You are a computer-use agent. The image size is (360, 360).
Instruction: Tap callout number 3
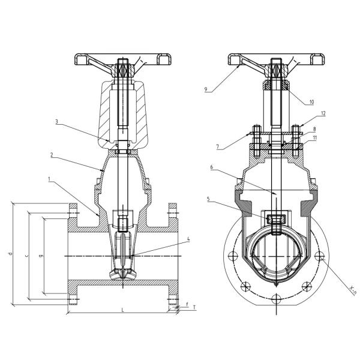[x=56, y=122]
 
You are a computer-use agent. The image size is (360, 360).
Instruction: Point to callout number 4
[x=188, y=239]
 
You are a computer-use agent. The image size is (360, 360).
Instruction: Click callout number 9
[x=206, y=89]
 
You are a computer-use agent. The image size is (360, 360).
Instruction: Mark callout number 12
[x=323, y=113]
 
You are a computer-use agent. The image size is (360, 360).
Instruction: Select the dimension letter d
[x=10, y=254]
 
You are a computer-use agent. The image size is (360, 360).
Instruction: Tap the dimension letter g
[x=40, y=256]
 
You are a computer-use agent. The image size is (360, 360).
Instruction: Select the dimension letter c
[x=25, y=256]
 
